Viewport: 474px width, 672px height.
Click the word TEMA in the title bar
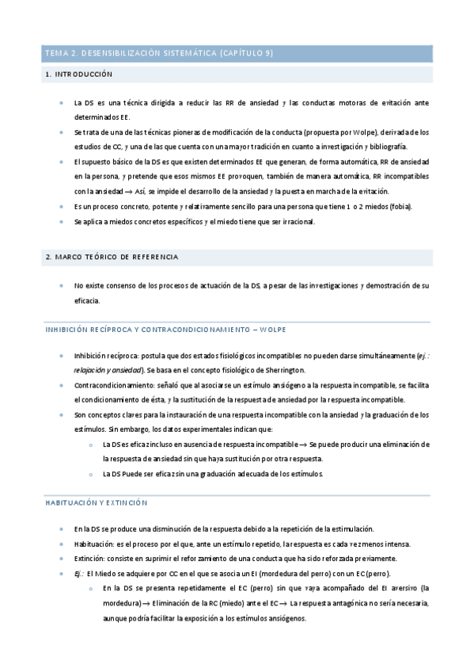[56, 53]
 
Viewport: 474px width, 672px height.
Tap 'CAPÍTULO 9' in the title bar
[244, 53]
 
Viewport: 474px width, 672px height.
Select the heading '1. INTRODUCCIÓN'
[79, 74]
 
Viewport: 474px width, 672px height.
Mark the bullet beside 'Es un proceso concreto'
[63, 207]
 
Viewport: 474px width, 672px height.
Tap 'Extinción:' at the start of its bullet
[91, 559]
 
